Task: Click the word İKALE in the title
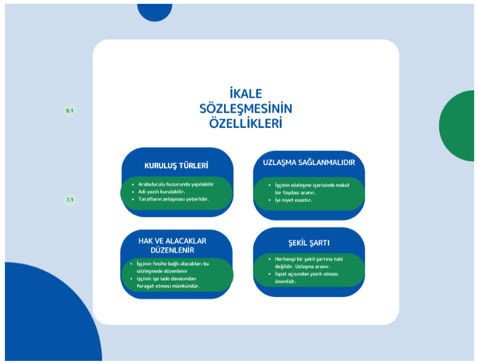(246, 94)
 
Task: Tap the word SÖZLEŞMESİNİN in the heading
(246, 108)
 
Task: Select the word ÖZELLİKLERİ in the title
(246, 124)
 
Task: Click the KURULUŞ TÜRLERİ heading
(176, 166)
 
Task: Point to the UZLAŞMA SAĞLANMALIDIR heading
(309, 162)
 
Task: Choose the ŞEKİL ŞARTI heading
(309, 243)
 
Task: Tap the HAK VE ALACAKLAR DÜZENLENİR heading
(172, 246)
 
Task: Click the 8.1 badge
(70, 110)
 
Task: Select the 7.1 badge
(70, 200)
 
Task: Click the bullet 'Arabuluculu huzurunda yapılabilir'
(176, 184)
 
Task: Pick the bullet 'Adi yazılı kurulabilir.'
(162, 192)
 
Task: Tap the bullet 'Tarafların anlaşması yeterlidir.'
(174, 199)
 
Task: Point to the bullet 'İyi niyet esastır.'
(293, 200)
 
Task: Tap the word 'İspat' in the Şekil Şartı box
(281, 274)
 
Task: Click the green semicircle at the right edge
(457, 126)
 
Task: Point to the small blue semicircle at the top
(155, 12)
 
